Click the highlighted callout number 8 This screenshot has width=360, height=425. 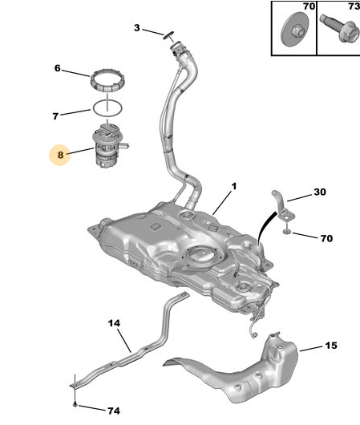[x=60, y=155]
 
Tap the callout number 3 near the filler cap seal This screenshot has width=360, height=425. [x=137, y=27]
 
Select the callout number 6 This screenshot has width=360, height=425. [x=57, y=68]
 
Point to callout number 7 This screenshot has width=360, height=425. [x=55, y=116]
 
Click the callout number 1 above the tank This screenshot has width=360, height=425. [x=233, y=187]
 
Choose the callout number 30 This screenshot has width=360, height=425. [x=320, y=192]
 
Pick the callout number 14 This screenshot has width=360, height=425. [x=114, y=323]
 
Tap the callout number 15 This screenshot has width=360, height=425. [x=331, y=346]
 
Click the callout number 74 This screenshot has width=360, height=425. [x=114, y=411]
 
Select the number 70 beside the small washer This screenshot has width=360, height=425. [x=326, y=238]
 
